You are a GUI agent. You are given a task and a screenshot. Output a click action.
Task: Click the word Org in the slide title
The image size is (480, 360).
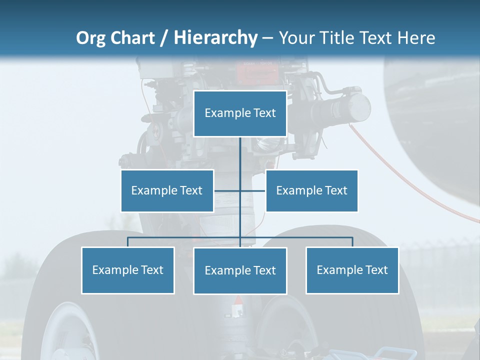[90, 38]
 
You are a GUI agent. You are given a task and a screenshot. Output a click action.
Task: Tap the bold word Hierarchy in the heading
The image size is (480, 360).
[215, 38]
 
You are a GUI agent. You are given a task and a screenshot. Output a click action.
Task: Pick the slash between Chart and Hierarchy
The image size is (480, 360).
[164, 38]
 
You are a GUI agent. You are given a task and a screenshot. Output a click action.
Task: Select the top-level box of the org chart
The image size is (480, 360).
[240, 113]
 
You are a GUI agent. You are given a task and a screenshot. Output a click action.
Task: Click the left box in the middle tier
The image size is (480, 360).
[167, 190]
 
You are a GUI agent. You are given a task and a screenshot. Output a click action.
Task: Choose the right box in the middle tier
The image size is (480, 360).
[311, 190]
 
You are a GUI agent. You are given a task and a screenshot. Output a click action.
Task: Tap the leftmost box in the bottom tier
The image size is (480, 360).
[127, 270]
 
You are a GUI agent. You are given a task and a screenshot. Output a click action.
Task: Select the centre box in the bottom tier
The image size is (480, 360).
[240, 270]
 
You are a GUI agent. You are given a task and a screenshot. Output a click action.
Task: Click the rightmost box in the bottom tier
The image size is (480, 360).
[352, 270]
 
